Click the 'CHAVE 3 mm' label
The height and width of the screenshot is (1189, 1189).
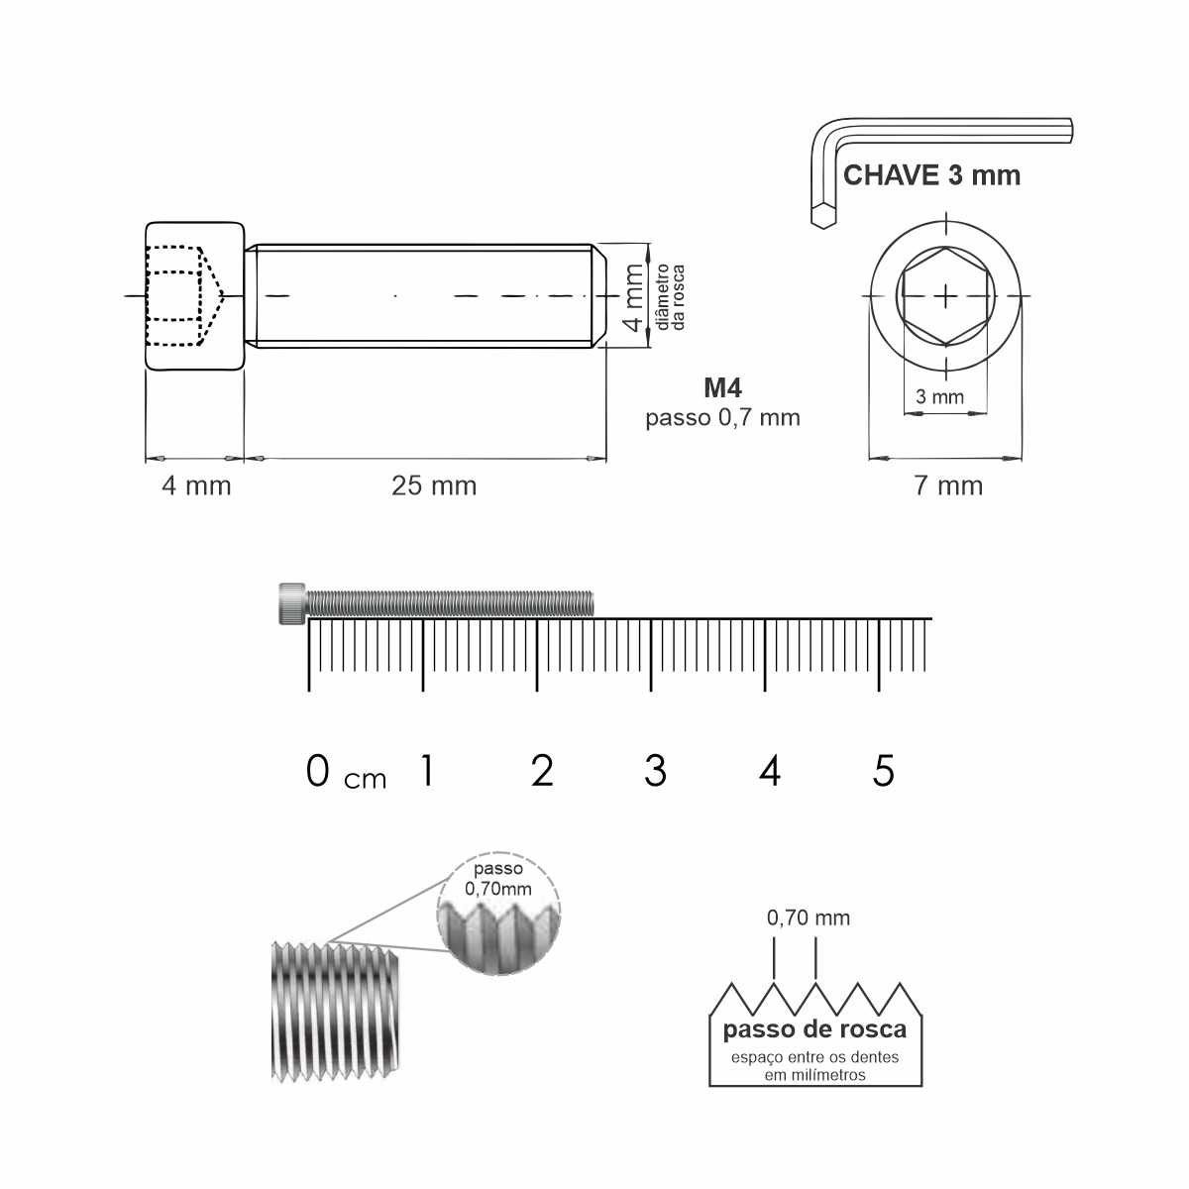pos(931,175)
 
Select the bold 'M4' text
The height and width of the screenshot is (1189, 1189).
pos(722,387)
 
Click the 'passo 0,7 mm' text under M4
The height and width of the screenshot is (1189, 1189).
pos(722,418)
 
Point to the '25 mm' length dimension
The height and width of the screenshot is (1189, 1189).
pos(434,486)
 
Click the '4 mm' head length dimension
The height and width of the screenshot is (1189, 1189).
pos(196,486)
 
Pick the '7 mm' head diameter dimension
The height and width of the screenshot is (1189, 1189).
pos(948,486)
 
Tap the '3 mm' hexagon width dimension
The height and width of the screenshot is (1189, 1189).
pos(939,396)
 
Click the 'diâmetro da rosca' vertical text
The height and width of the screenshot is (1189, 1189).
pos(670,297)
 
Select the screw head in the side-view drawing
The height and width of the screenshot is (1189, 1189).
pos(195,296)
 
